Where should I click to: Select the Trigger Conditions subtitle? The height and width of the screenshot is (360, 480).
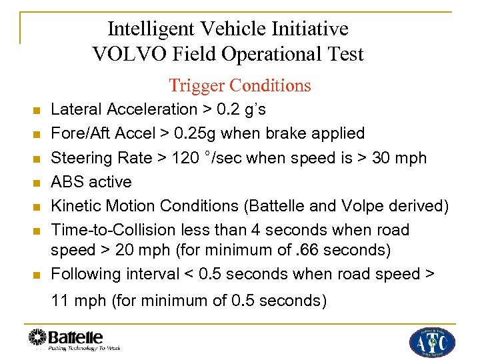240,85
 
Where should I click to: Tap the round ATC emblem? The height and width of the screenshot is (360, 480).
432,342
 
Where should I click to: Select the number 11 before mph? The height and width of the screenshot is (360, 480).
60,301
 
